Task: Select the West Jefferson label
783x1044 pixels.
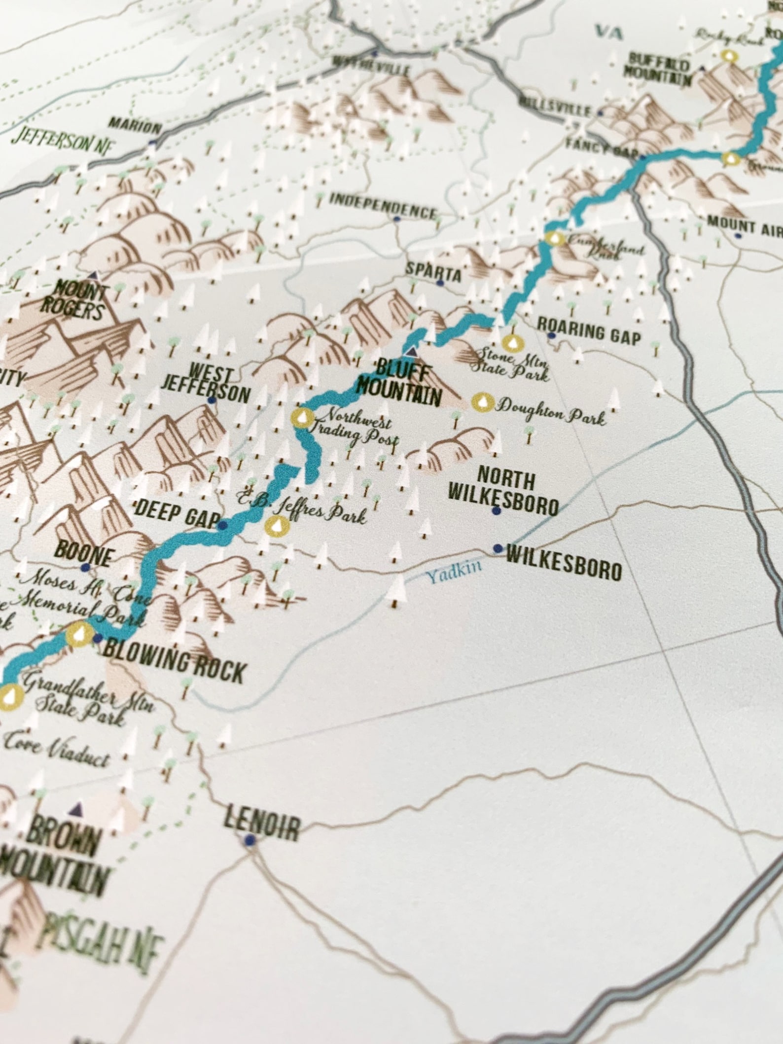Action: pyautogui.click(x=213, y=388)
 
